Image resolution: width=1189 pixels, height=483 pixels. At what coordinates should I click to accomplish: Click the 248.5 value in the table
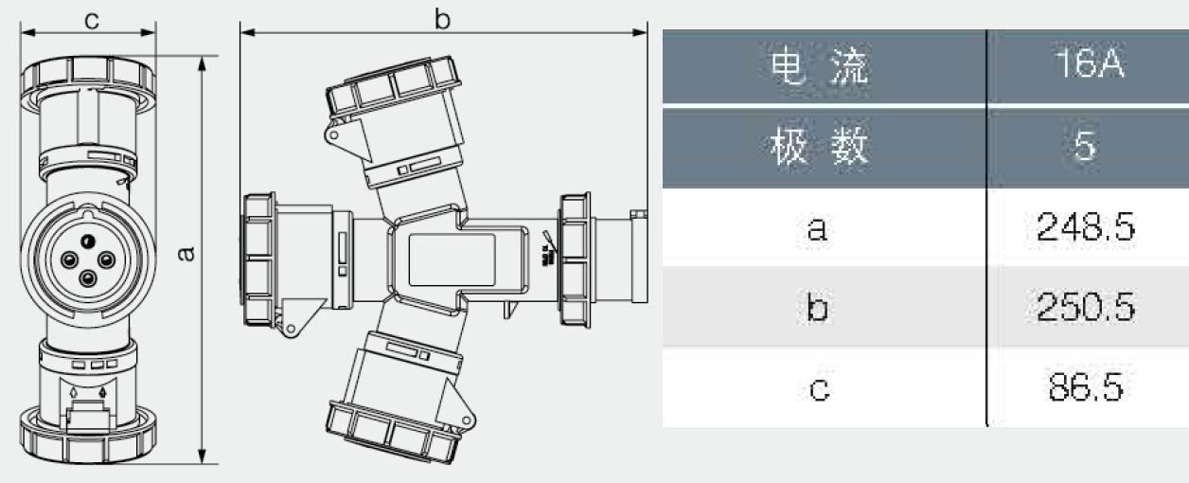coord(1085,227)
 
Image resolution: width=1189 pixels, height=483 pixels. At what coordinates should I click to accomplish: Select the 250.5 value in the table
coord(1085,307)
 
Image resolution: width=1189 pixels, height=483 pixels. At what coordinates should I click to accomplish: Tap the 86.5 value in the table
coord(1086,386)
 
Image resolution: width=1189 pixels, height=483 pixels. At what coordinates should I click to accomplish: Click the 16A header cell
coord(1090,63)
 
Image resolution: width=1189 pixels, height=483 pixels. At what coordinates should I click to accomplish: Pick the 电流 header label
coord(820,66)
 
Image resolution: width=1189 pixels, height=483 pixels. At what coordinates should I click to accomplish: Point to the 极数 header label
coord(820,146)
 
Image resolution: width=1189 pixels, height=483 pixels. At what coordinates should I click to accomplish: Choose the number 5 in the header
coord(1085,145)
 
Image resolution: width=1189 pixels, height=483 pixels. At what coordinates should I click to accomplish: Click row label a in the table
coord(817,229)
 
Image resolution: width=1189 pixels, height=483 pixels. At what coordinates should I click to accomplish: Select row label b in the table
coord(817,307)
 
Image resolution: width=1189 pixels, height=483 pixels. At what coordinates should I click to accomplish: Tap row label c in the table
coord(820,389)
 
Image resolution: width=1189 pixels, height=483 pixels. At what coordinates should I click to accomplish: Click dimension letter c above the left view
coord(91,20)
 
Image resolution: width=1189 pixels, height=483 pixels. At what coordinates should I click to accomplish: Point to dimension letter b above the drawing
coord(442,19)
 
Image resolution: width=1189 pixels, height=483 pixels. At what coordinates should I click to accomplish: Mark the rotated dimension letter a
coord(186,254)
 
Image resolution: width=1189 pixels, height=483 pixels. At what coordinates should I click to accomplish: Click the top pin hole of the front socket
coord(88,241)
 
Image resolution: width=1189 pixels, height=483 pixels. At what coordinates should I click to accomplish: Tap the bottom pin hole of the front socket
coord(88,278)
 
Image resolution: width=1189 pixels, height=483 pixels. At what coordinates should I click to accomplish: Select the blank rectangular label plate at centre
coord(452,260)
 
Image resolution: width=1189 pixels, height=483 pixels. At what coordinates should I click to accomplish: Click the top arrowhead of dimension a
coord(202,63)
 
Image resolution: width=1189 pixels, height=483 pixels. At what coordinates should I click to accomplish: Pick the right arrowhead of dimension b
coord(640,32)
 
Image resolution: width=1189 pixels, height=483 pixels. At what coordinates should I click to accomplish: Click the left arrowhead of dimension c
coord(27,32)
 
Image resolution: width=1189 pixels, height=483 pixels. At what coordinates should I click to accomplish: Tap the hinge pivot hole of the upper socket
coord(334,134)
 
